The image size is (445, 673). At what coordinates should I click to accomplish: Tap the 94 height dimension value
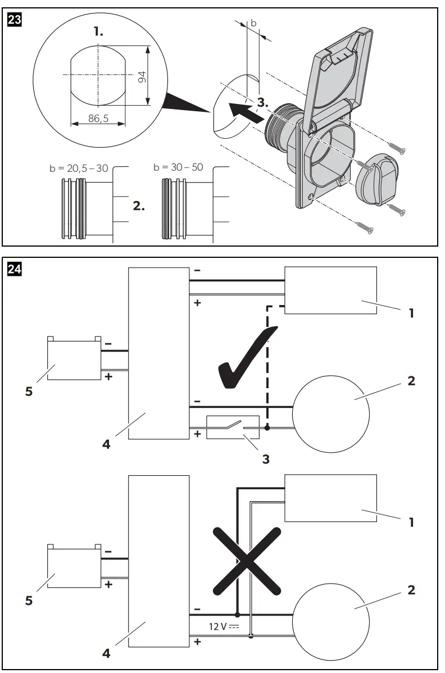pyautogui.click(x=142, y=76)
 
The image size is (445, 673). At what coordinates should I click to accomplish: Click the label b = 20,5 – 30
pyautogui.click(x=79, y=168)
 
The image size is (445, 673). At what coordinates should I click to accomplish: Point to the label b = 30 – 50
pyautogui.click(x=178, y=167)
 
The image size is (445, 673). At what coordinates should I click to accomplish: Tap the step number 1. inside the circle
pyautogui.click(x=99, y=32)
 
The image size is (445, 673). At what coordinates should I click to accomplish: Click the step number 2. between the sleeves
pyautogui.click(x=139, y=206)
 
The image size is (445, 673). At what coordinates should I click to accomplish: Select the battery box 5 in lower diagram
pyautogui.click(x=74, y=567)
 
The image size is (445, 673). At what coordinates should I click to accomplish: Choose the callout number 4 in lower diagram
pyautogui.click(x=106, y=653)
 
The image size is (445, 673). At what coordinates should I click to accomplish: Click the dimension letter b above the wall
pyautogui.click(x=253, y=23)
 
